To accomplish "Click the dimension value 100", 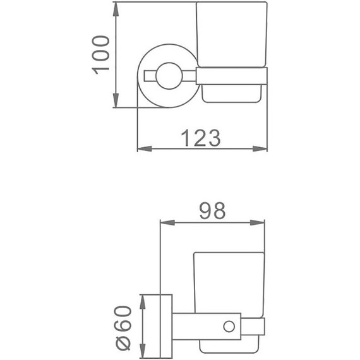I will pyautogui.click(x=100, y=54).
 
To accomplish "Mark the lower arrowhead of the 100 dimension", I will pyautogui.click(x=116, y=102).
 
